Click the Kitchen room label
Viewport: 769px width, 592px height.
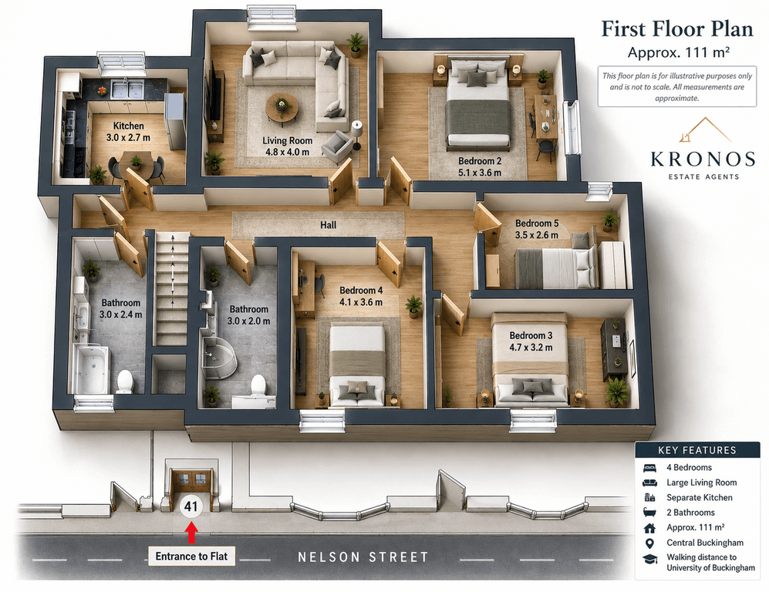(129, 126)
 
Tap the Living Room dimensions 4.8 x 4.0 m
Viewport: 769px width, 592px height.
(288, 152)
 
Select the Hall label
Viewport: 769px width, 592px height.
(328, 225)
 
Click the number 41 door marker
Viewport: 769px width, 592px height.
(191, 506)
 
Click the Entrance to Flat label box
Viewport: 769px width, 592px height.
(192, 557)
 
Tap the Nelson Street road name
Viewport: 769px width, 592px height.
(363, 557)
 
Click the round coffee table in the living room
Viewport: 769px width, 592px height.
(282, 107)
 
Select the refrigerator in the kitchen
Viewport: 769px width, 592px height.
(175, 120)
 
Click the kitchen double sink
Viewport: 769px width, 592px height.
(127, 89)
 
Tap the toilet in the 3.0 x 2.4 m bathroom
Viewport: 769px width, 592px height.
(125, 382)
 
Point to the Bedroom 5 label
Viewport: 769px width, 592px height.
(537, 224)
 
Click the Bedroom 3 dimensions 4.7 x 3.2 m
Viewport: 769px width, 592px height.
(531, 348)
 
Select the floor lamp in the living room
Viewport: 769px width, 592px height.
(356, 134)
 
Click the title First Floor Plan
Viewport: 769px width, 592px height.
(677, 29)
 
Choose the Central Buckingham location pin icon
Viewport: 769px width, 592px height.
(649, 543)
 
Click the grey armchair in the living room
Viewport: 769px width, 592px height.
(337, 146)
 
